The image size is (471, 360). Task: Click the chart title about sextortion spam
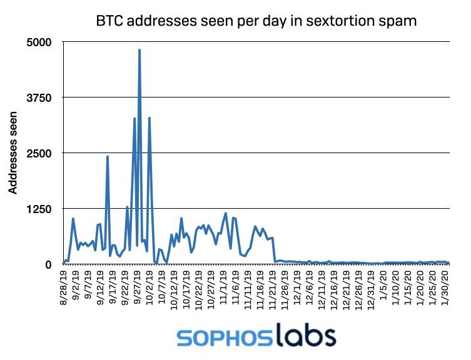(x=256, y=21)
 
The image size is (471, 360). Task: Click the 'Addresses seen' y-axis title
(x=13, y=153)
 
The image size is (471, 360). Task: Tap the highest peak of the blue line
(x=139, y=50)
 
